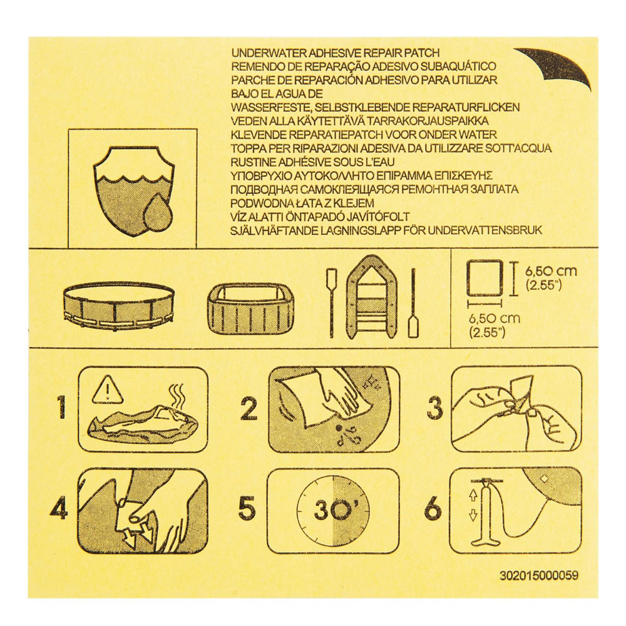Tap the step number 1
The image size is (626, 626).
tap(60, 408)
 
